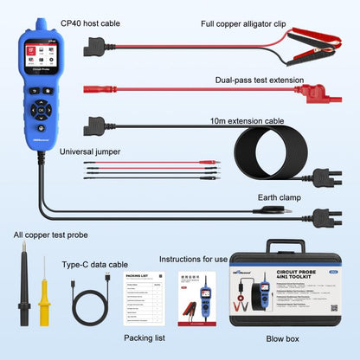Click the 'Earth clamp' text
pyautogui.click(x=282, y=197)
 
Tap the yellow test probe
pyautogui.click(x=41, y=285)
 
